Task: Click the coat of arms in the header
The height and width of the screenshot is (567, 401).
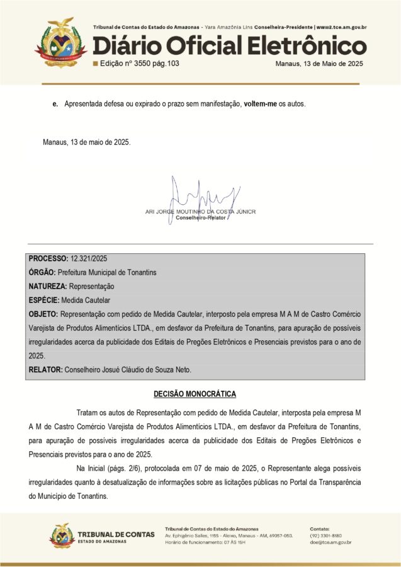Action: (60, 42)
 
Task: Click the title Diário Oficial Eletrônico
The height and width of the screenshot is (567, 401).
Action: (229, 46)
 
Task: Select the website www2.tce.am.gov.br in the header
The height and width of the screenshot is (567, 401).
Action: (341, 28)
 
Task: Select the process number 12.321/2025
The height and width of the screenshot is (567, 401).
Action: (89, 259)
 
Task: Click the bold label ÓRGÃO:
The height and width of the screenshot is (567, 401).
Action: (42, 272)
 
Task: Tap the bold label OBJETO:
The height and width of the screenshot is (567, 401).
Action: (43, 314)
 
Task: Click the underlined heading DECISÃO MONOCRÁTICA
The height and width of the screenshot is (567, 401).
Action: (195, 394)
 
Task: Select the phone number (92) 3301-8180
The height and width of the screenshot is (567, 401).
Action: (327, 535)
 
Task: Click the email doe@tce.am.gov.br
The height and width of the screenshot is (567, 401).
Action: (330, 542)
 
